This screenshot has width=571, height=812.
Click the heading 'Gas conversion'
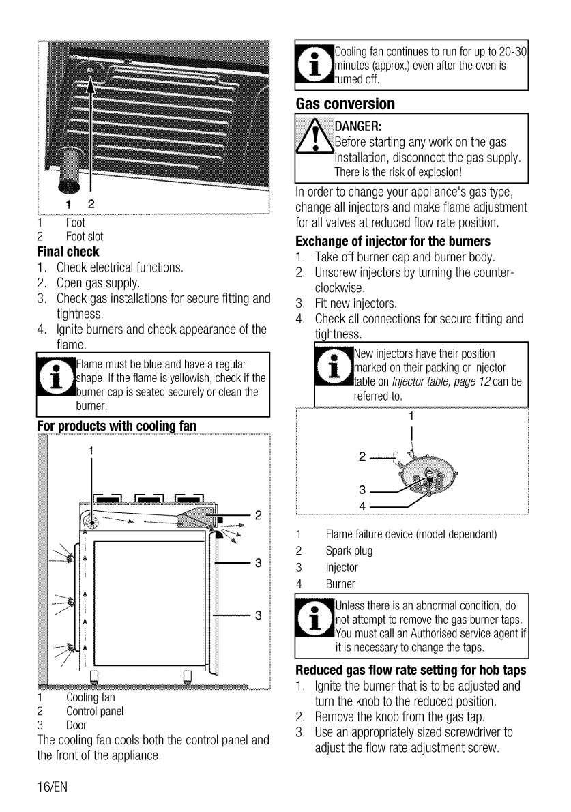345,104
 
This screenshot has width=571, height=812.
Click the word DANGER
357,127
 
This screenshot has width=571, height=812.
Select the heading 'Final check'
68,251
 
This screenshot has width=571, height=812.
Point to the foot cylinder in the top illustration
70,167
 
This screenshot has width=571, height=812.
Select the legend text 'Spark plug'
349,551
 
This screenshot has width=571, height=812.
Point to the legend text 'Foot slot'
85,237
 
